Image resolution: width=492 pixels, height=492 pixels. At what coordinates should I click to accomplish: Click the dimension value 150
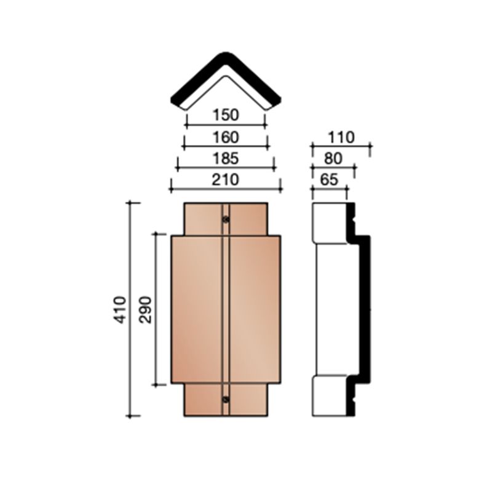[226, 114]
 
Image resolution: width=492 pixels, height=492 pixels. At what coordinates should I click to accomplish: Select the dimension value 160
[226, 137]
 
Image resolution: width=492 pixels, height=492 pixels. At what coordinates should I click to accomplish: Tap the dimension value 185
[226, 158]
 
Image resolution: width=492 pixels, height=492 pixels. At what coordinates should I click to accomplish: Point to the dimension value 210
[226, 179]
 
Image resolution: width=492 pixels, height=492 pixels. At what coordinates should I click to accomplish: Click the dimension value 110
[341, 137]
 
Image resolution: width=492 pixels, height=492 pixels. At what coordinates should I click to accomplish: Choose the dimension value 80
[333, 158]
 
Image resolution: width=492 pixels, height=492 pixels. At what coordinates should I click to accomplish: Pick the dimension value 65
[329, 179]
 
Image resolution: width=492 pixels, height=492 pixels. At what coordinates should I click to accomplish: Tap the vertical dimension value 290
[146, 309]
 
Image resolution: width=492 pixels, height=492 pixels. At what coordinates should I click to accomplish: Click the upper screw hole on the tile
[226, 219]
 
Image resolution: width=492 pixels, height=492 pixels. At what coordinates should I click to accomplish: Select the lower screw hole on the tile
[226, 400]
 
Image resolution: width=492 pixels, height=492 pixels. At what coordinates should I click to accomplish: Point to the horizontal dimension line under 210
[226, 189]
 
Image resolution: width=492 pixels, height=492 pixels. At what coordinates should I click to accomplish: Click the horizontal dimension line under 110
[341, 146]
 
